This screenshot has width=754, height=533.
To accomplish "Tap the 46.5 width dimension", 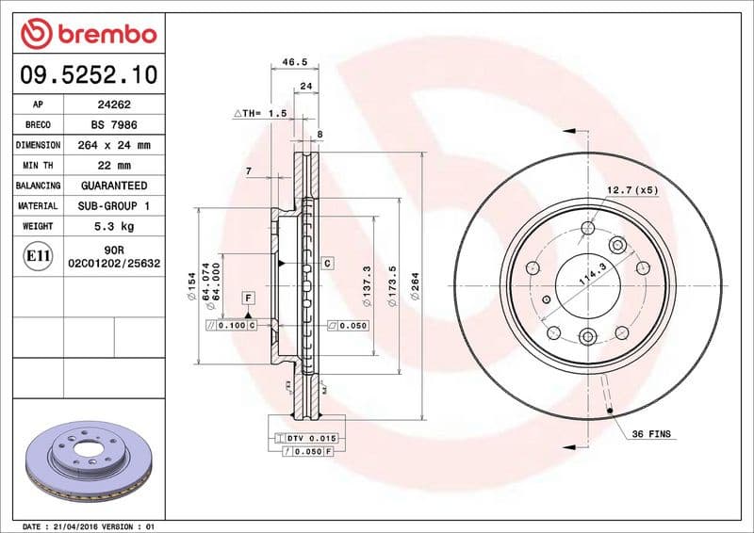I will tap(295, 62).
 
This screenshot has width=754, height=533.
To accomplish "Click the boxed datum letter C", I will tap(327, 263).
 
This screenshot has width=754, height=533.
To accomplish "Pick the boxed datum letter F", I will tap(248, 298).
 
